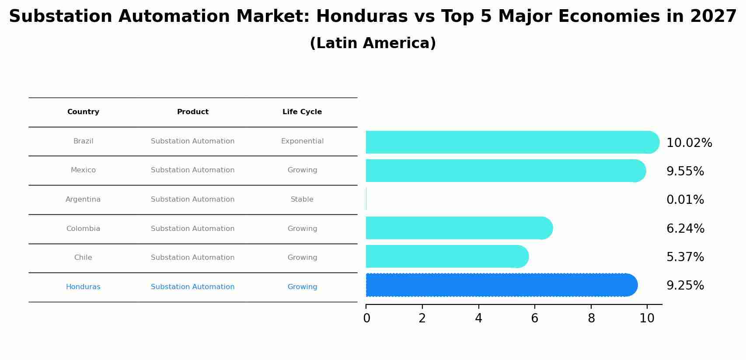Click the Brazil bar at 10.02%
pyautogui.click(x=512, y=142)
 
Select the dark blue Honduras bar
pyautogui.click(x=501, y=285)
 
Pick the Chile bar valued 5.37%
pyautogui.click(x=446, y=256)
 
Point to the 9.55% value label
pyautogui.click(x=685, y=171)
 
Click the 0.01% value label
pyautogui.click(x=685, y=200)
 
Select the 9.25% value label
pyautogui.click(x=685, y=286)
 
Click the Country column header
pyautogui.click(x=83, y=112)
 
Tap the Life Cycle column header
pyautogui.click(x=302, y=112)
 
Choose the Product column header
pyautogui.click(x=192, y=112)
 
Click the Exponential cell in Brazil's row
pyautogui.click(x=302, y=141)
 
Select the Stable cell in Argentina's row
pyautogui.click(x=302, y=199)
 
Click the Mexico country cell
pyautogui.click(x=83, y=170)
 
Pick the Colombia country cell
pyautogui.click(x=83, y=229)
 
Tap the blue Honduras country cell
pyautogui.click(x=83, y=287)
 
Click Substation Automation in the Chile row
pyautogui.click(x=192, y=258)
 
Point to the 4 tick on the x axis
pyautogui.click(x=478, y=318)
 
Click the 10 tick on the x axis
pyautogui.click(x=647, y=318)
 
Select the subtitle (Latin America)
pyautogui.click(x=373, y=43)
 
